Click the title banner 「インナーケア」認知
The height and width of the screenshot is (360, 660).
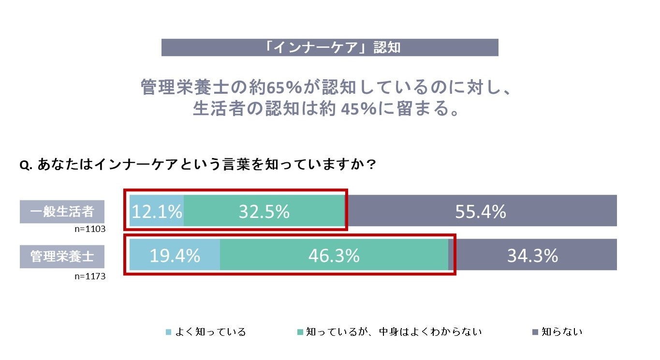coord(330,48)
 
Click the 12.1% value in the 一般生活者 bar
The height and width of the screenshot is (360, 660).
coord(157,211)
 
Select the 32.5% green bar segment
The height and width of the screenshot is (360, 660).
coord(264,211)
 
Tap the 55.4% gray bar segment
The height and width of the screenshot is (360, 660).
coord(480,211)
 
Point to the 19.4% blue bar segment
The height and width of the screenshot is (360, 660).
coord(175,255)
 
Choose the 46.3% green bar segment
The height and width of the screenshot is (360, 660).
coord(334,255)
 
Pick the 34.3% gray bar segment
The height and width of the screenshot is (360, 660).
coord(532,255)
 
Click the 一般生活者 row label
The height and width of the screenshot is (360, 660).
coord(62,212)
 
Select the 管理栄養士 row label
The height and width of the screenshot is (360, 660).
coord(62,256)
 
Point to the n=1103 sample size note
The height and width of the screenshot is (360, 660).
coord(90,229)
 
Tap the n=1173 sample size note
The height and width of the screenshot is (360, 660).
coord(90,276)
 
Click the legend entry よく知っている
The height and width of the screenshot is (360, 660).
coord(210,332)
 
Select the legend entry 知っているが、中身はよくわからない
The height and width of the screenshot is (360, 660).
coord(394,332)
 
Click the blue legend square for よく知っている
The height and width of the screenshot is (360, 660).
coord(168,332)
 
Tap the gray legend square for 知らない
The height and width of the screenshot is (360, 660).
coord(535,332)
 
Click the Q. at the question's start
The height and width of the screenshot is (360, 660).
coord(26,165)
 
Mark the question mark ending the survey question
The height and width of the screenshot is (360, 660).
coord(371,165)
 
